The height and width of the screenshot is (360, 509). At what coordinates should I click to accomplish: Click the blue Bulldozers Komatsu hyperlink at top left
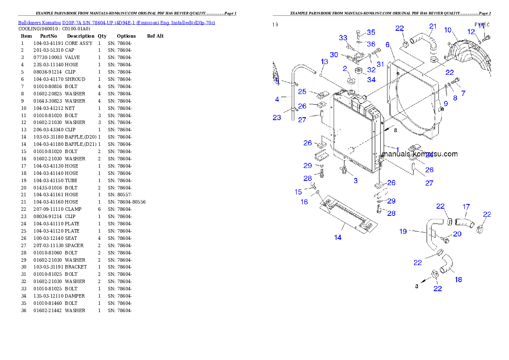click(x=116, y=22)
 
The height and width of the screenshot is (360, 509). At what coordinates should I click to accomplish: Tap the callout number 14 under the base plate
click(x=338, y=237)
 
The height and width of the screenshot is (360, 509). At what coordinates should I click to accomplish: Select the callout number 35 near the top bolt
click(x=371, y=32)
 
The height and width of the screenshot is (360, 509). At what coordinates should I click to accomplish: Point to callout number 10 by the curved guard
click(x=447, y=30)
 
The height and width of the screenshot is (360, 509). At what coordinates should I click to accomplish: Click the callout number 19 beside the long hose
click(x=403, y=231)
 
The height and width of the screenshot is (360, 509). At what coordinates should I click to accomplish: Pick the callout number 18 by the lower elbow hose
click(x=458, y=280)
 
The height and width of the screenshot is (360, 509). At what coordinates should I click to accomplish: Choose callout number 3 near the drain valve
click(x=355, y=181)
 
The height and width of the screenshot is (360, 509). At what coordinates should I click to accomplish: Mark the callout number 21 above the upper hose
click(x=433, y=27)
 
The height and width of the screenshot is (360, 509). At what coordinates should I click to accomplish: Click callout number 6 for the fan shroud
click(x=387, y=44)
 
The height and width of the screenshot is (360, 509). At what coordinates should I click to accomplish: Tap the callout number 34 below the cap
click(x=371, y=80)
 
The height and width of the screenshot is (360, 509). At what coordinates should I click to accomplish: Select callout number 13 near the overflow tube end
click(x=325, y=62)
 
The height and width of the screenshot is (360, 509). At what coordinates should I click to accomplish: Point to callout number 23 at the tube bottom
click(x=277, y=118)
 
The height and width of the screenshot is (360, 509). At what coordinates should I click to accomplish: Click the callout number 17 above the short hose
click(x=466, y=207)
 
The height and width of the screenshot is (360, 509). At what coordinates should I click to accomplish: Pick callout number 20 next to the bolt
click(x=457, y=234)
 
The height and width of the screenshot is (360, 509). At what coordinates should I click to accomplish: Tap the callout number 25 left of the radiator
click(x=302, y=91)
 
